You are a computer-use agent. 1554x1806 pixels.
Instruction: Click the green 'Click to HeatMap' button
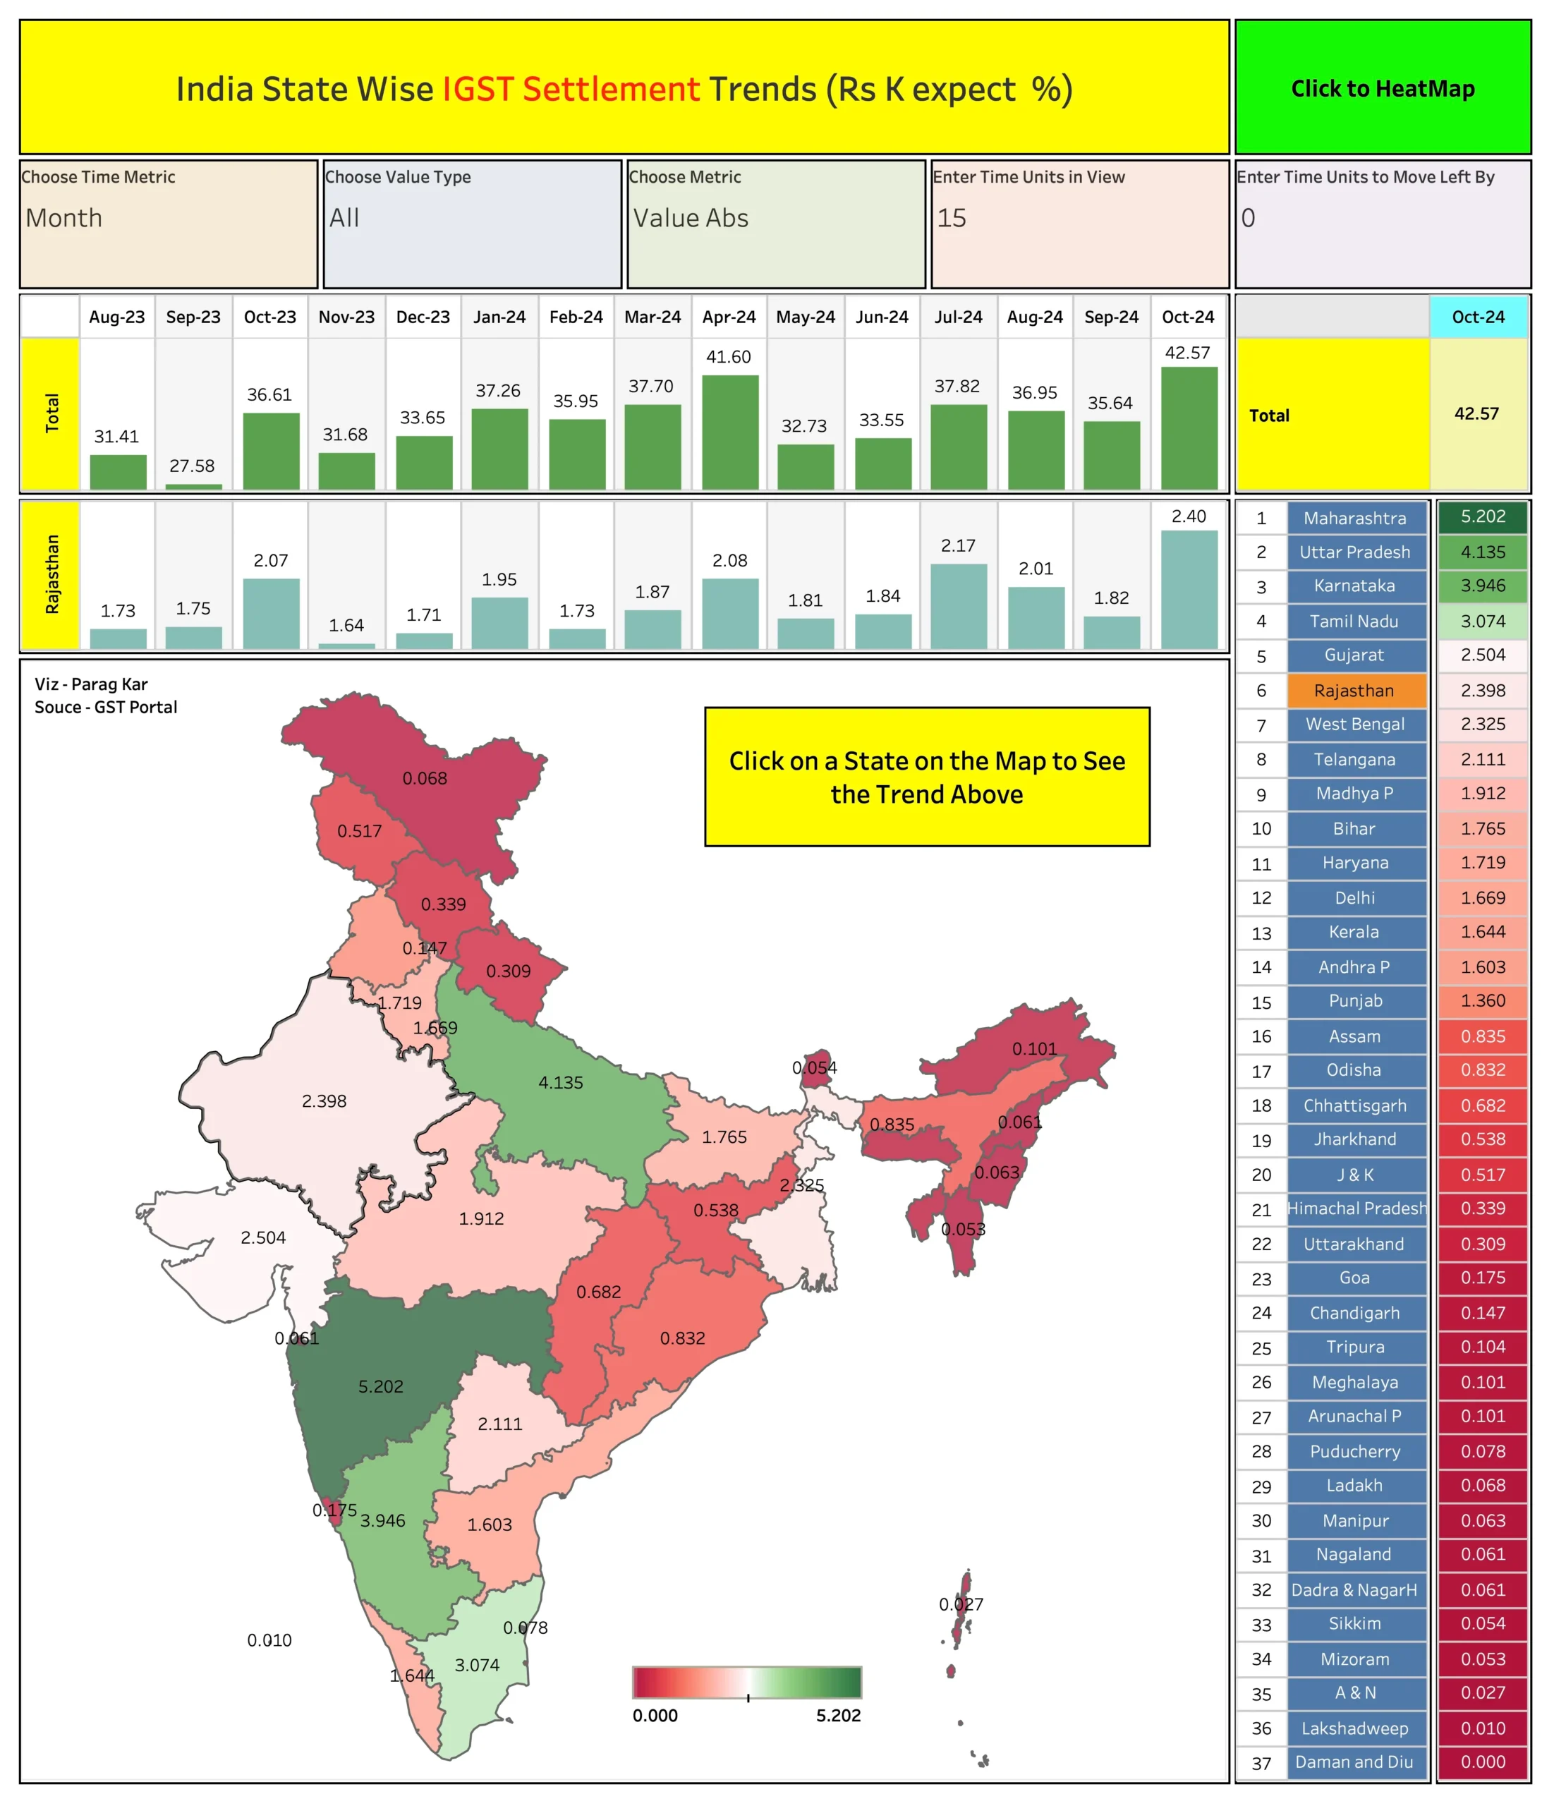(1383, 87)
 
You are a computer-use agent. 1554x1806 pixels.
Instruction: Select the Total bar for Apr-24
(729, 432)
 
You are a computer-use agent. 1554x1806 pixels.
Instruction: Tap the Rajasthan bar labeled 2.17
(959, 606)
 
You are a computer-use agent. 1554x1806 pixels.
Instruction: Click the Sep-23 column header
(193, 317)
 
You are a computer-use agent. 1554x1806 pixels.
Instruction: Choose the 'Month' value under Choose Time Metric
(63, 218)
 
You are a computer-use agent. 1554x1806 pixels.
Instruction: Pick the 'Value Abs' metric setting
(691, 218)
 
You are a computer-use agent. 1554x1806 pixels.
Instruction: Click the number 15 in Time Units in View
(952, 218)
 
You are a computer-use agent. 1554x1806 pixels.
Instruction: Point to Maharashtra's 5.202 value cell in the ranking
(1483, 517)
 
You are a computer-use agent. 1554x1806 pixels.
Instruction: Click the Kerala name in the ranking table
(1354, 932)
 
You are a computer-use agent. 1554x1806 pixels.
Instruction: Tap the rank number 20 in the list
(1261, 1175)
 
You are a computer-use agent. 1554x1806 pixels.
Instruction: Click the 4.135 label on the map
(560, 1083)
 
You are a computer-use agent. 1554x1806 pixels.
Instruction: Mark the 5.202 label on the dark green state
(381, 1386)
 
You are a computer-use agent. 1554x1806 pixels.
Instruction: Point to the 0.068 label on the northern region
(425, 778)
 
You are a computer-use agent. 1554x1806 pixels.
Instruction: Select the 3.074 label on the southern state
(478, 1665)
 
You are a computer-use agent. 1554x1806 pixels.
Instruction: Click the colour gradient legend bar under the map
(747, 1681)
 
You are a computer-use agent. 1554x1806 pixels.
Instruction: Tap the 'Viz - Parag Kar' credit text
(92, 684)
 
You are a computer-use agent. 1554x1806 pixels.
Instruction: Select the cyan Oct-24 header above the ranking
(1479, 317)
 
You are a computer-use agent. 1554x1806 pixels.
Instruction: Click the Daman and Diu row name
(1354, 1762)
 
